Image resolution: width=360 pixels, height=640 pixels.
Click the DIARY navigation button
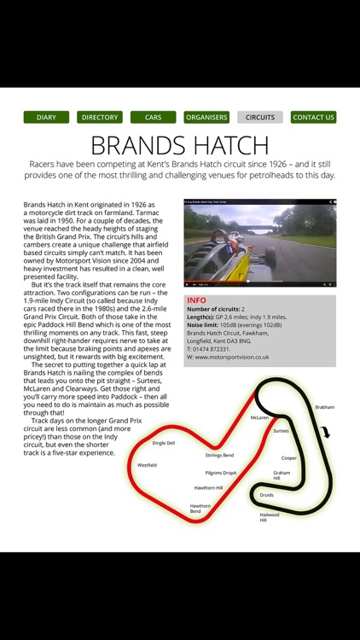[x=46, y=117]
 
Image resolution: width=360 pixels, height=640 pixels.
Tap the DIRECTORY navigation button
[x=100, y=117]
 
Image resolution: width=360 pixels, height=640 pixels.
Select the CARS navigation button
[x=154, y=117]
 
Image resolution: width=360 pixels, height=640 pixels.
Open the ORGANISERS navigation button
[x=206, y=117]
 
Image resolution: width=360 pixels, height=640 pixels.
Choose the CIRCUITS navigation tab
[x=260, y=117]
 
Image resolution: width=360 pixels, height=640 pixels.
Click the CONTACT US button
[x=313, y=117]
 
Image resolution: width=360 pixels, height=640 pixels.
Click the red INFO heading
[x=196, y=300]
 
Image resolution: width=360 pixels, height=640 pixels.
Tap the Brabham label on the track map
[x=324, y=408]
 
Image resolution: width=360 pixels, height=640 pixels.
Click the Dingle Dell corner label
[x=164, y=443]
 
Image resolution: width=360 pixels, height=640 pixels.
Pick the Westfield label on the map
[x=147, y=465]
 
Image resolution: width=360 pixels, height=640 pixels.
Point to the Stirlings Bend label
[x=218, y=455]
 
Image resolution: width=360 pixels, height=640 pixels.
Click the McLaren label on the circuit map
[x=259, y=417]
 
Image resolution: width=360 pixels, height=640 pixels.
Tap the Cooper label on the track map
[x=289, y=457]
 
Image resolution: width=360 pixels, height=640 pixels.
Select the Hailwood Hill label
[x=269, y=517]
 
